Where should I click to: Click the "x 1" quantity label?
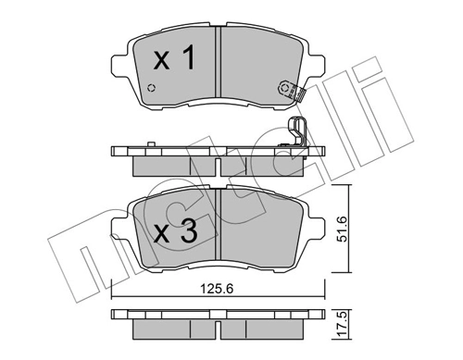(174, 61)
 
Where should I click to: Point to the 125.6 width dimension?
(216, 289)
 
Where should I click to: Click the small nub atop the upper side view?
(148, 143)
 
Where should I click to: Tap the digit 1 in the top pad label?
(188, 61)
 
